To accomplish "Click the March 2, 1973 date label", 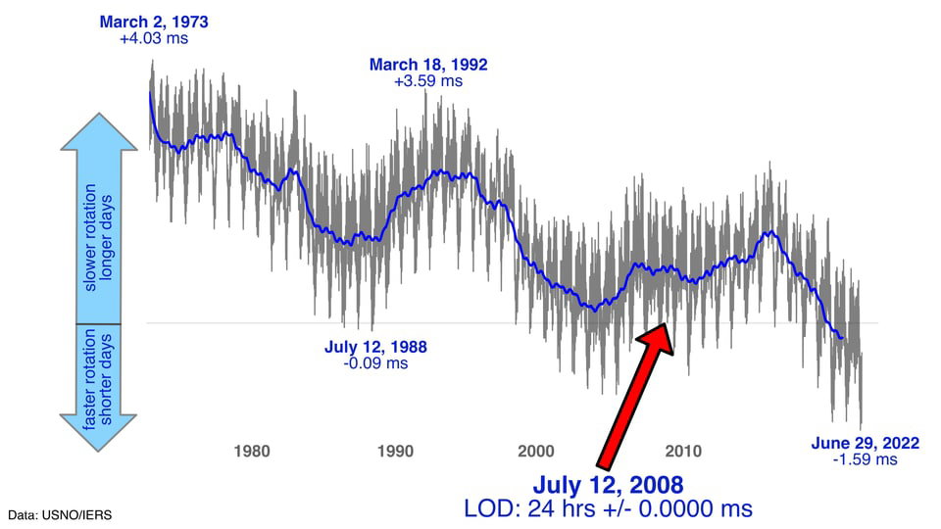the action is coord(154,23).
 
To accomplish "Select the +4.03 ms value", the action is coord(154,38).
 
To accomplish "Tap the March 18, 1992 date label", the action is coord(428,65).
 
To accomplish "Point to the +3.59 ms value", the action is coord(428,81).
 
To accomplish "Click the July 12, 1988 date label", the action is coord(375,347).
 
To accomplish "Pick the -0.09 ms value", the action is coord(375,363).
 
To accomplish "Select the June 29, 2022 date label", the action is coord(866,443).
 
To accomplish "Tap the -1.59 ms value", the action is coord(866,460).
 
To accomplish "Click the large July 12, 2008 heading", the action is coord(608,485).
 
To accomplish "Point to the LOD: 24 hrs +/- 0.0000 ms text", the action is coord(608,509).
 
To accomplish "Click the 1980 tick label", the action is coord(252,451).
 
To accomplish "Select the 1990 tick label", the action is coord(395,451).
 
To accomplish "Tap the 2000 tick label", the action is coord(536,451).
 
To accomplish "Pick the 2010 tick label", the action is coord(683,451).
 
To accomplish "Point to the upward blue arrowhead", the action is coord(99,132).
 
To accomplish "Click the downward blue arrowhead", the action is coord(98,432).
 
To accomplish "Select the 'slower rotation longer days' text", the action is coord(98,237).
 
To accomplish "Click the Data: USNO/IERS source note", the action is coord(60,515).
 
